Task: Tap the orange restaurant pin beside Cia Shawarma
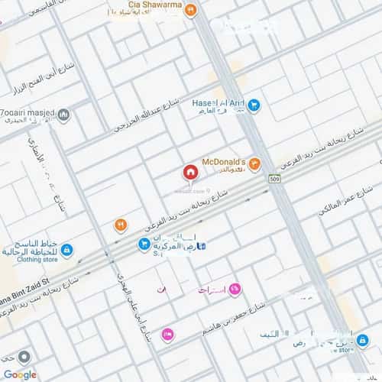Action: [x=190, y=10]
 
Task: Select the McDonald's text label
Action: [x=223, y=162]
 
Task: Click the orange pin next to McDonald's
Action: [x=254, y=163]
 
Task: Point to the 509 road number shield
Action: [x=274, y=179]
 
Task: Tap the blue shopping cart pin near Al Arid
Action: [x=254, y=105]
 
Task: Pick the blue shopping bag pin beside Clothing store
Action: [x=67, y=250]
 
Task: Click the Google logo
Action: [x=20, y=374]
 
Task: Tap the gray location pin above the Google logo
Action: [x=24, y=357]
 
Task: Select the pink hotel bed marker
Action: [x=168, y=334]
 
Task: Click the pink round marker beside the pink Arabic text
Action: [x=235, y=288]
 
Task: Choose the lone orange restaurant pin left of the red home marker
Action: [x=120, y=225]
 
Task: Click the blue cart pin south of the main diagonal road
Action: [x=144, y=244]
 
